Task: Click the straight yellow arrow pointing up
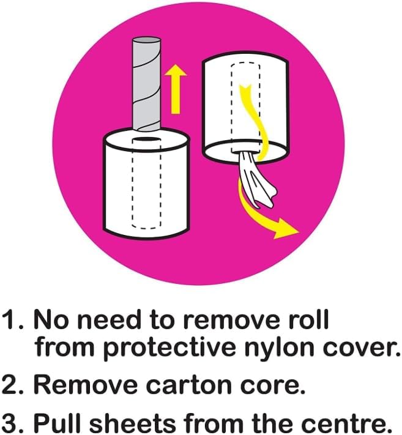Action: coord(175,89)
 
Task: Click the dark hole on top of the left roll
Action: coord(146,139)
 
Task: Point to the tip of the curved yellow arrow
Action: coord(299,231)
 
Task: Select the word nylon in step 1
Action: coord(281,348)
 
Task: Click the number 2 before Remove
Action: coord(12,384)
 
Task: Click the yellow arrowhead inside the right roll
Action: coord(244,90)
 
